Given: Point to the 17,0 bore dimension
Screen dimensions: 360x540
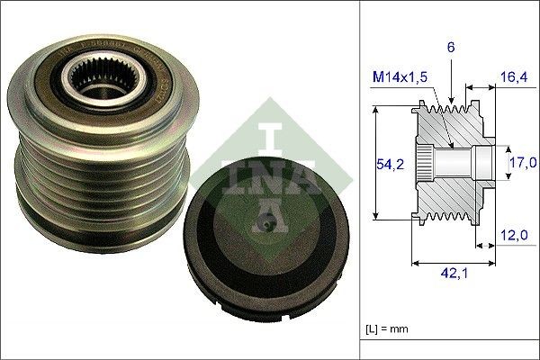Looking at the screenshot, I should [523, 162].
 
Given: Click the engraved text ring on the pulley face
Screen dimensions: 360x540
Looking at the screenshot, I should [135, 63].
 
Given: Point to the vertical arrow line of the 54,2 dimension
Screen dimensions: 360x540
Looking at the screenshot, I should [373, 162].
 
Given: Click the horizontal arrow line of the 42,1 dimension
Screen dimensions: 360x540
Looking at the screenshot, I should [453, 265].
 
